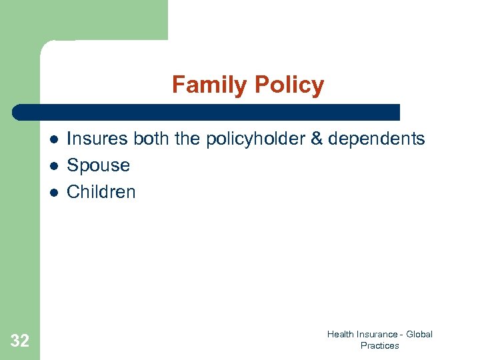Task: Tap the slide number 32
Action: click(20, 341)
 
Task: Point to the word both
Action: click(152, 139)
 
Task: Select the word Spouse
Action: click(99, 165)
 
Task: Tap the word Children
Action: click(101, 192)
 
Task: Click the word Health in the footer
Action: click(340, 335)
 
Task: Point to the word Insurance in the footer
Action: click(375, 335)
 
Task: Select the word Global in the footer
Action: click(419, 335)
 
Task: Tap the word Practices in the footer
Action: click(379, 345)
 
